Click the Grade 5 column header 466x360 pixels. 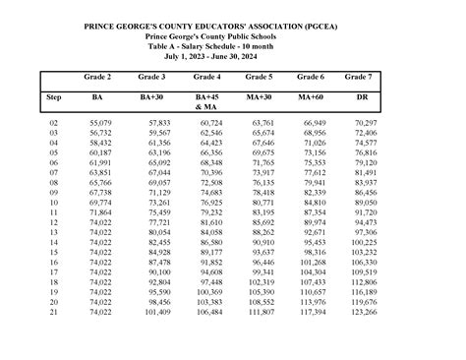click(x=259, y=76)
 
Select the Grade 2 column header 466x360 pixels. click(x=97, y=76)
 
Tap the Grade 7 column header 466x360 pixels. click(x=365, y=76)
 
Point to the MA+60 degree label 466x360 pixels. click(x=311, y=98)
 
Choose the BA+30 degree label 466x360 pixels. click(x=151, y=98)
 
